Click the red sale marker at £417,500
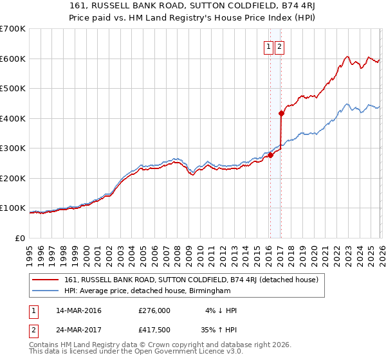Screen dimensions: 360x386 point(282,113)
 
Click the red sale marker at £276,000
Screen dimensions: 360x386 point(270,155)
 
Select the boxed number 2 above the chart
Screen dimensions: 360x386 point(280,46)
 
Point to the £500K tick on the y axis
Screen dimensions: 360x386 point(13,89)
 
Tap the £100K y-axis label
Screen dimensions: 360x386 point(13,208)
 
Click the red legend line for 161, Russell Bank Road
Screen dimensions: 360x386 point(46,280)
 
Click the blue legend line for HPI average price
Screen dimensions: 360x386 point(46,291)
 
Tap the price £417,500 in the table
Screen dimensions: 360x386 point(154,330)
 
